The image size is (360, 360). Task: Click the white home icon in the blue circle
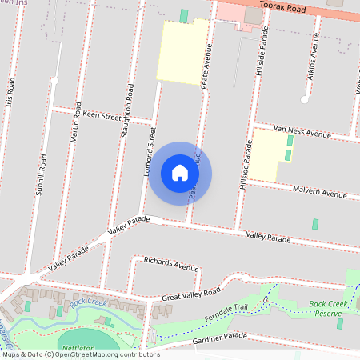point(180,173)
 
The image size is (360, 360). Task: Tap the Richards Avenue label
point(170,264)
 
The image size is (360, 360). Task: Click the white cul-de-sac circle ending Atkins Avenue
point(305,99)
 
